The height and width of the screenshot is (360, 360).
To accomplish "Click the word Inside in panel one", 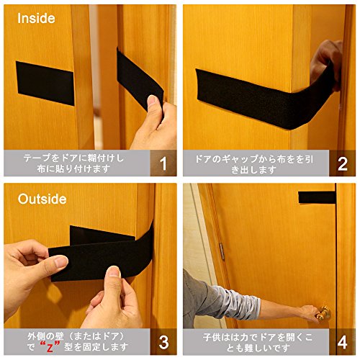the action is [x=36, y=19].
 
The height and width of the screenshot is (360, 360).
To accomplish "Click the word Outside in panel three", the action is [x=42, y=199].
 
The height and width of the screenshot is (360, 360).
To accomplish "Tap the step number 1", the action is [x=163, y=164].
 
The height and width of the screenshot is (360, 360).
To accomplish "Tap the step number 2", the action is [x=342, y=164].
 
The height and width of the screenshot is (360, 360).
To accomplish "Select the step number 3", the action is [x=163, y=342].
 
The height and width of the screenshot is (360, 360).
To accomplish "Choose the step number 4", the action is [x=342, y=342].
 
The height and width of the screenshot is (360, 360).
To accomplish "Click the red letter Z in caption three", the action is [x=50, y=347].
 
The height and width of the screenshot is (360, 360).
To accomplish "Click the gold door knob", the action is [x=323, y=312].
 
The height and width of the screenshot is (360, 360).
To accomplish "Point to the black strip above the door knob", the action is [x=317, y=197].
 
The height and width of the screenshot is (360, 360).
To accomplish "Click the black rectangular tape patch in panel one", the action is [x=45, y=83].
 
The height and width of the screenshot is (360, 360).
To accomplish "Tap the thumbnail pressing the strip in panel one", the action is [x=152, y=100].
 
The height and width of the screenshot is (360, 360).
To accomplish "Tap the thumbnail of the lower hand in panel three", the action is [x=114, y=272].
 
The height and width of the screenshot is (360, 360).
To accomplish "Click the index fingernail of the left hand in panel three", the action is [x=61, y=262].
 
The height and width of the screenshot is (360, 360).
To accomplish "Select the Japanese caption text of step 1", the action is [x=73, y=163].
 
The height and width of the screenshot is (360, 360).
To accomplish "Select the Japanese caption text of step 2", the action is [x=254, y=164].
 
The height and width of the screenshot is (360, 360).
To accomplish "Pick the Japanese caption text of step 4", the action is [x=257, y=342].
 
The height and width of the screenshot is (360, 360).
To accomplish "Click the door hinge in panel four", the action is [x=222, y=251].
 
